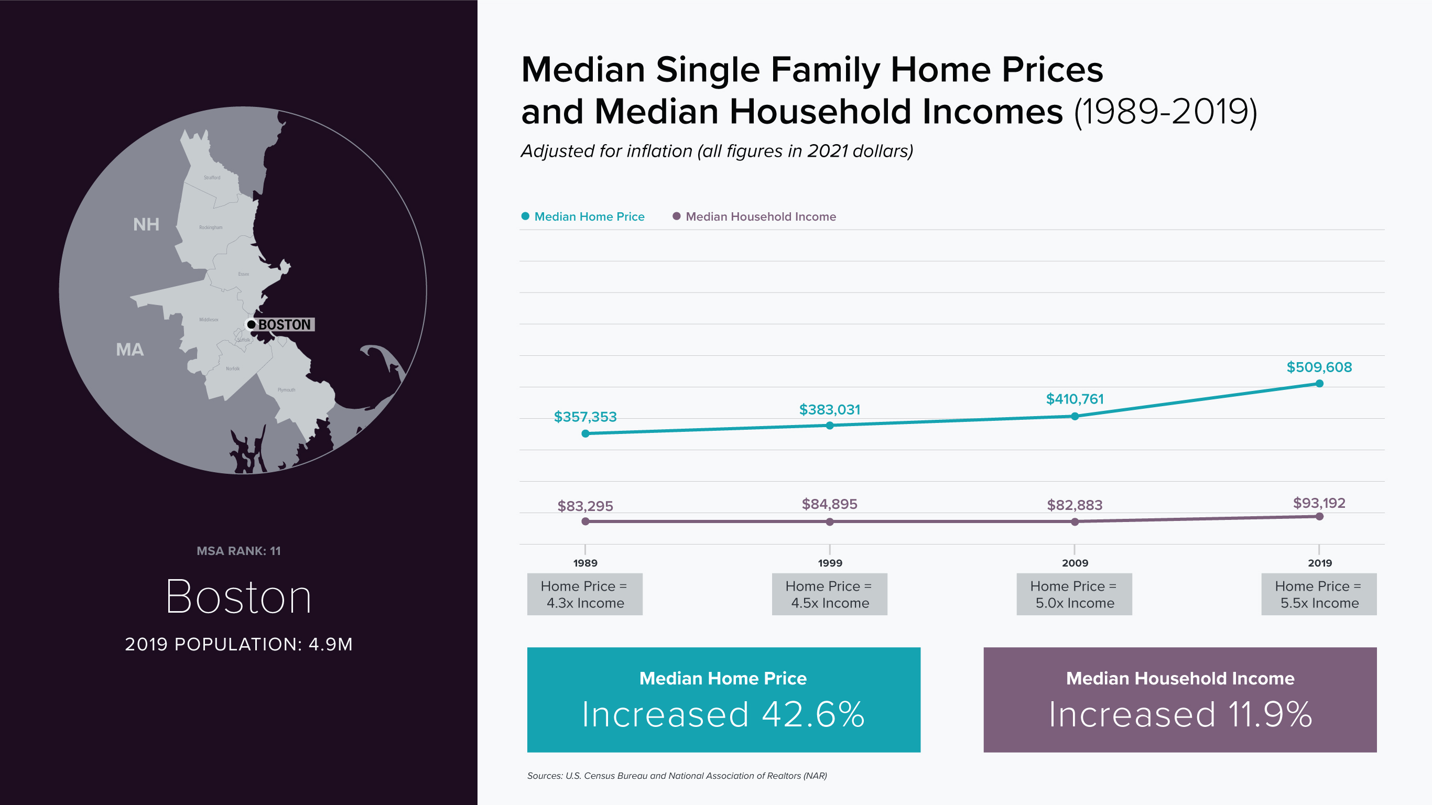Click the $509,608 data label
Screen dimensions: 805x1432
[x=1319, y=367]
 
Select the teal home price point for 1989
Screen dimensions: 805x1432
[x=585, y=433]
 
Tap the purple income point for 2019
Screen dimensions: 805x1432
[x=1319, y=516]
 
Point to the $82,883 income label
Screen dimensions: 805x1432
[x=1074, y=505]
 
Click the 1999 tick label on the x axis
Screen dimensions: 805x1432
[x=829, y=563]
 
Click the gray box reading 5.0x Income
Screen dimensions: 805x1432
[x=1074, y=594]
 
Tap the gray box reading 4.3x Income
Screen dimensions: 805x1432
[x=585, y=594]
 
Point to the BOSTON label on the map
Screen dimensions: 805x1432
[x=284, y=324]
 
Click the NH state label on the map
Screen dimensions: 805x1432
[x=146, y=225]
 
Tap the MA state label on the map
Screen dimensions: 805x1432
[x=129, y=350]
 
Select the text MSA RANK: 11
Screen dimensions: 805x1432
[x=238, y=551]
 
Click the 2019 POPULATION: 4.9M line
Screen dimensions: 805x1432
[x=238, y=644]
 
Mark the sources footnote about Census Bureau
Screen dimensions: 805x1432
[x=677, y=776]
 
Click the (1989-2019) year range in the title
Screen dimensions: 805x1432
[x=1165, y=112]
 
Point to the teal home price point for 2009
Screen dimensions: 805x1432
[x=1075, y=417]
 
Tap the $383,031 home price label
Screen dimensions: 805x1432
[x=829, y=410]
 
